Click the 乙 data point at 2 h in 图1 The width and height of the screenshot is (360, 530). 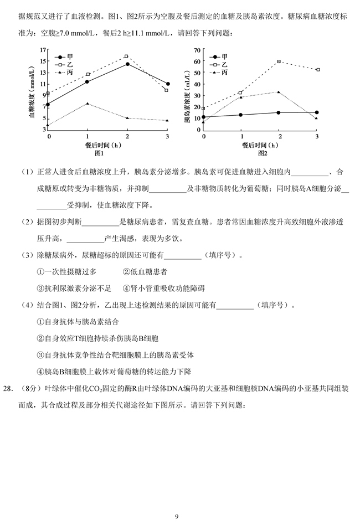127,56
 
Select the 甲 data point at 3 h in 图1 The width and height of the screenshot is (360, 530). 168,84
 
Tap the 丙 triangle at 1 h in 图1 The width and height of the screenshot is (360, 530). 88,104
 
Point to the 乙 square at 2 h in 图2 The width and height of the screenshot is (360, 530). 279,61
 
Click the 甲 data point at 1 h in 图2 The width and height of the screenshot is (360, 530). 240,115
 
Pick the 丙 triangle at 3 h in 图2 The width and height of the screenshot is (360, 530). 316,118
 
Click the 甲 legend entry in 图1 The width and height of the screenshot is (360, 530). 64,57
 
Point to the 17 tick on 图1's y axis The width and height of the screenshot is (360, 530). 44,50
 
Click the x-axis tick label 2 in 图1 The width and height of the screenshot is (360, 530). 127,136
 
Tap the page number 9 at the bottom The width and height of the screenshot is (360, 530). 177,517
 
